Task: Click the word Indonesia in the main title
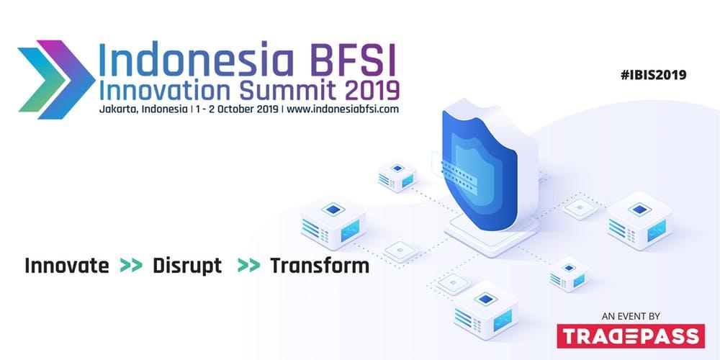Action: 197,60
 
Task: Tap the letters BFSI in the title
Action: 353,60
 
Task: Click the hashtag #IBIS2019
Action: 653,75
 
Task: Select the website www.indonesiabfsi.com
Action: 343,109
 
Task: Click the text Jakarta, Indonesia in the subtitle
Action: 143,109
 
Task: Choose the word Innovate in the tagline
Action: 67,266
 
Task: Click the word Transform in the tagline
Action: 320,266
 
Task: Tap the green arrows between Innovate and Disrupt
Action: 131,266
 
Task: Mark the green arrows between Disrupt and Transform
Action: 249,266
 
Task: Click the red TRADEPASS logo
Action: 631,336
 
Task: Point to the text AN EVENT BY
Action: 631,316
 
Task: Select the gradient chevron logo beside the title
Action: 56,79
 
